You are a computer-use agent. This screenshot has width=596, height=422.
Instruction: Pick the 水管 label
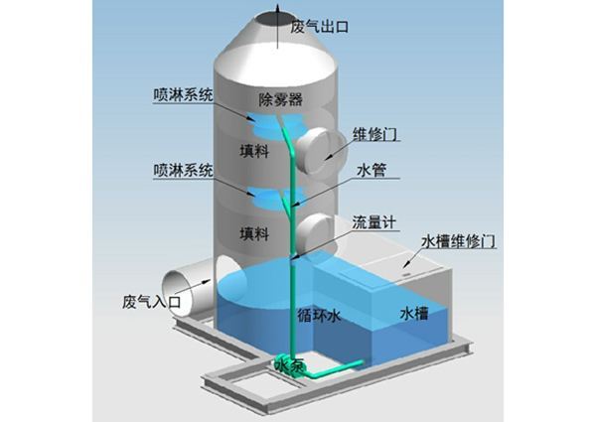click(370, 171)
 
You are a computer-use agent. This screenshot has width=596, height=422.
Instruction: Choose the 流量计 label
click(375, 220)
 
